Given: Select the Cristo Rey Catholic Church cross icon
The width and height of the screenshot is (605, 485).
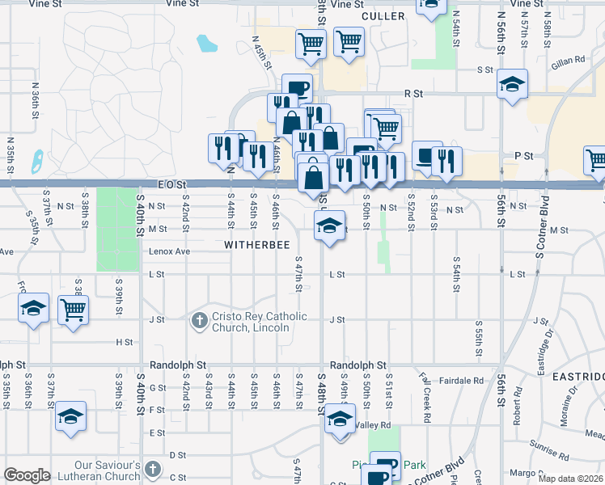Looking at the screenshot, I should click(200, 322).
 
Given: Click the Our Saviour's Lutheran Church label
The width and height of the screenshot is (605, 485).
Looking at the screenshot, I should click(107, 471).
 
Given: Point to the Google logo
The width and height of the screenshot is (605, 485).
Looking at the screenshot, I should click(27, 475).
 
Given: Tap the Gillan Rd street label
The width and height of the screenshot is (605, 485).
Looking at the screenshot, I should click(569, 61).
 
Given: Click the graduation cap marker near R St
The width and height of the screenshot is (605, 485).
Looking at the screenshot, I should click(511, 86).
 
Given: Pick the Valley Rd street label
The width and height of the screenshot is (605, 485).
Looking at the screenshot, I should click(373, 425).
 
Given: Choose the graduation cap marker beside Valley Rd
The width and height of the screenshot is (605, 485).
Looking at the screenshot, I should click(340, 420).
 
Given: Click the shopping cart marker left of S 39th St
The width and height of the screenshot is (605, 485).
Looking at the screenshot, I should click(73, 310).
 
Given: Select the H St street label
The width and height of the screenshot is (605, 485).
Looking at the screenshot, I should click(125, 342).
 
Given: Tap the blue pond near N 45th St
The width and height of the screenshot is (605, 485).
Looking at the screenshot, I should click(206, 42).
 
